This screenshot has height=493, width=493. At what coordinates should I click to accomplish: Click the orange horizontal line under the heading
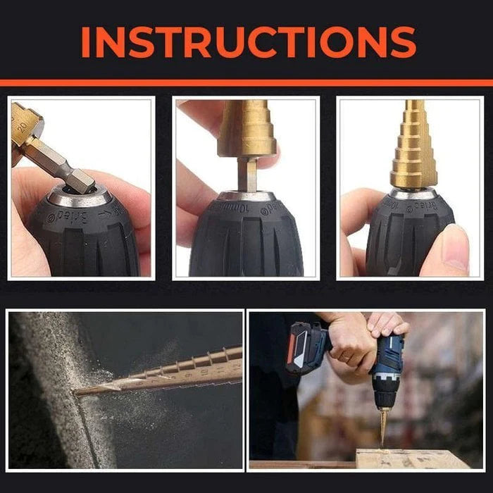[x=246, y=82]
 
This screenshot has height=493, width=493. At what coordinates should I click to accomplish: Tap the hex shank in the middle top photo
[x=246, y=173]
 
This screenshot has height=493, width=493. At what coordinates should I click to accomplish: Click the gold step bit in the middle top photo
[x=246, y=130]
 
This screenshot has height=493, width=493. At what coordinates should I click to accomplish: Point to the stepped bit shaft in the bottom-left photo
[x=183, y=370]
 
